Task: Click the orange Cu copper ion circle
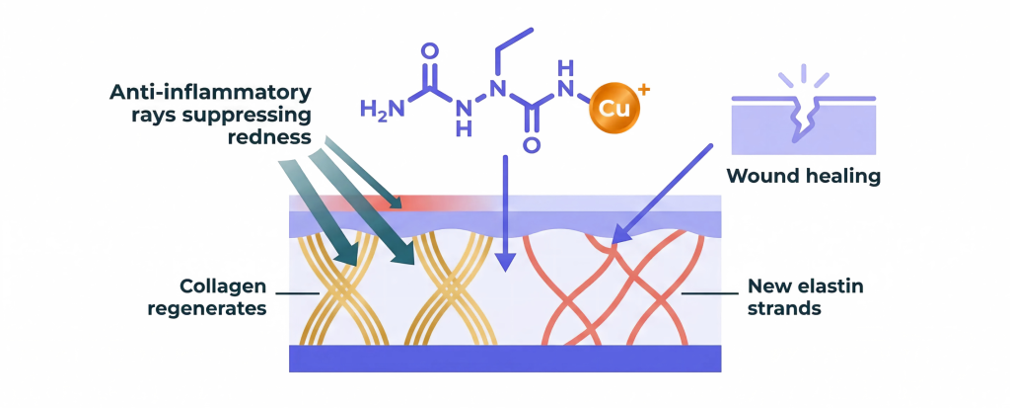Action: (613, 108)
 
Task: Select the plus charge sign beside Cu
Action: (645, 90)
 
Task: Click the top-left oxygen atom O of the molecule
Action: (429, 51)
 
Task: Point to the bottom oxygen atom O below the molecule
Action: (532, 145)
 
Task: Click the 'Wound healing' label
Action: (803, 176)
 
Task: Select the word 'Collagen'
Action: (223, 286)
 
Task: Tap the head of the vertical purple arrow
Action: (507, 261)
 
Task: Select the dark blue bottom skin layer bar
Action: (505, 359)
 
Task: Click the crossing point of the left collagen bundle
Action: (346, 287)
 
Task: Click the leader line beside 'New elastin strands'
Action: (709, 293)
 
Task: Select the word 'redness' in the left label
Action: (270, 137)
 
